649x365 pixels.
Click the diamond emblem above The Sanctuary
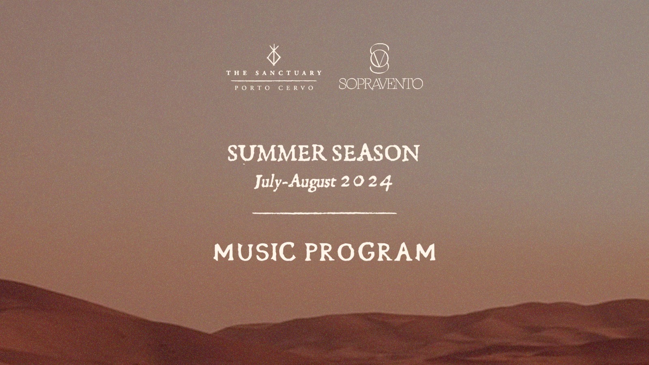click(x=274, y=55)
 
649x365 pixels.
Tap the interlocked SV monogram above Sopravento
click(x=379, y=58)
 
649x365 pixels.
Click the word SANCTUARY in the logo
click(x=288, y=73)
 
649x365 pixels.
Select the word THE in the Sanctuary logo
click(x=237, y=73)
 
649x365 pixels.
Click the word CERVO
click(x=296, y=88)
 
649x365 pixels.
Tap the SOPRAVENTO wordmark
click(x=381, y=84)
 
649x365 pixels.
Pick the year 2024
click(x=367, y=183)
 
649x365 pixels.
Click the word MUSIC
click(x=254, y=252)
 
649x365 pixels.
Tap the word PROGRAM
click(x=371, y=252)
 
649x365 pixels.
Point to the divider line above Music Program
click(x=324, y=213)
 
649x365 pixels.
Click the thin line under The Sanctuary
click(x=274, y=81)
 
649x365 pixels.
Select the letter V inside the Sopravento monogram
click(x=379, y=59)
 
